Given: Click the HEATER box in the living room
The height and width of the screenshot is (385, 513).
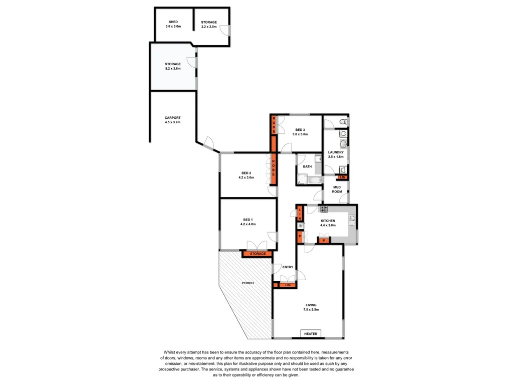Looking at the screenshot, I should pos(311,334).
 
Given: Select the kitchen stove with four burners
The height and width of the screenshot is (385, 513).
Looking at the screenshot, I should pos(324,209).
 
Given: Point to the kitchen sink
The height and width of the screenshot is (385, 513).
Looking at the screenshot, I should pos(352,218).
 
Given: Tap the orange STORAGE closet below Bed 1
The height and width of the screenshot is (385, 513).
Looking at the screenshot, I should pos(258,254).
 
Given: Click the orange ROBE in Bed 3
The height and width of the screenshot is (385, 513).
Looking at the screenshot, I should pos(274,124).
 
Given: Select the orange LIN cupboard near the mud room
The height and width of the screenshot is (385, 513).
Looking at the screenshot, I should pos(343,177).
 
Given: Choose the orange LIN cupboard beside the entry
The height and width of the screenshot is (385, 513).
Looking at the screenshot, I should pos(288,285).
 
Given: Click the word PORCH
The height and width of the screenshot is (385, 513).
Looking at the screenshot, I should pos(247,283).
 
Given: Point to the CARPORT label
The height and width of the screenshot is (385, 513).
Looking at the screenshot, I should pos(172,118).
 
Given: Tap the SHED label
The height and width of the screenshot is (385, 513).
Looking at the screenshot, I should pos(173,22).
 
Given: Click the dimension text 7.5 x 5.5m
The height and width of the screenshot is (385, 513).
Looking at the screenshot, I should pos(311,310).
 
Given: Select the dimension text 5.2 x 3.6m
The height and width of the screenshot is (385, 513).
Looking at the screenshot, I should pos(173,68).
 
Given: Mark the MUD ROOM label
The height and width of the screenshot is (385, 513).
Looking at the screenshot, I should pos(337,189).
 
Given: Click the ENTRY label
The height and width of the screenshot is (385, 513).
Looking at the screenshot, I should pos(288,267).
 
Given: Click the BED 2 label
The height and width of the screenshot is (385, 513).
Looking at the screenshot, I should pos(247,173).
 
